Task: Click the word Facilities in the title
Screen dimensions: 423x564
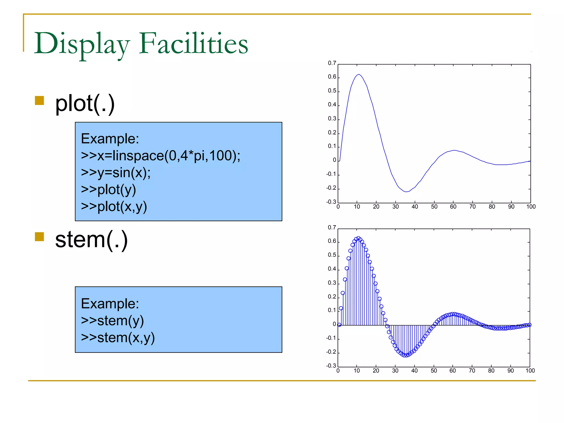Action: point(193,43)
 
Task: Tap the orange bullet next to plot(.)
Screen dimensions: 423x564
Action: point(40,101)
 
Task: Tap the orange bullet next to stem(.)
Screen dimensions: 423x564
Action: point(40,237)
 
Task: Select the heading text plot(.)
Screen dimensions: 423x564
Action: point(85,104)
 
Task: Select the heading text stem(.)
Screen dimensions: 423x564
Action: point(91,240)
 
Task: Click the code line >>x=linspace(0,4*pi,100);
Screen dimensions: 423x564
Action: point(161,156)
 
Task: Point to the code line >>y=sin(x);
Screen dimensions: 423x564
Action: point(116,173)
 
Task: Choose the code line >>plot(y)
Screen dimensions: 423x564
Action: point(109,190)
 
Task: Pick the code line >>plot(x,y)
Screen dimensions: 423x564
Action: point(114,207)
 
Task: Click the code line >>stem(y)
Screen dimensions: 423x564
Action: point(112,321)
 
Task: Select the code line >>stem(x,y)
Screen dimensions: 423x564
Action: point(118,338)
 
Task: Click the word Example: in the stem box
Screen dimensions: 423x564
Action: point(110,304)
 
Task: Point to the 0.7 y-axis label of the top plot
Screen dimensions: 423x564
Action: point(332,63)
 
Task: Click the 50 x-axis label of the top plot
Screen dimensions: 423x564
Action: point(434,207)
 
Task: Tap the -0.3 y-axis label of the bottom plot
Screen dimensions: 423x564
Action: point(331,366)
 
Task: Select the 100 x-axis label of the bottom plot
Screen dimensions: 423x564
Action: point(530,371)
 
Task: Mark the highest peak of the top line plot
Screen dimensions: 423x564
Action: point(359,74)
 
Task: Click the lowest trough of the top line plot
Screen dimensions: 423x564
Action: point(406,192)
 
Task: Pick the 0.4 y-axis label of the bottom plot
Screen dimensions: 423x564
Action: point(332,269)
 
